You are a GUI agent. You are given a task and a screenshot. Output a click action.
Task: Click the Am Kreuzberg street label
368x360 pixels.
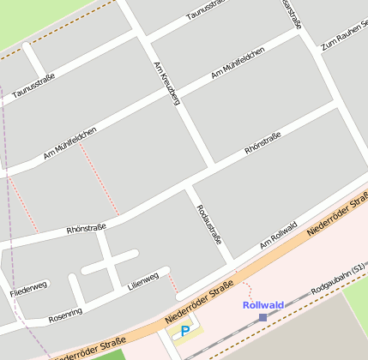(x=166, y=83)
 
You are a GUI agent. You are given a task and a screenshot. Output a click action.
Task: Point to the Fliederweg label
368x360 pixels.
(x=28, y=287)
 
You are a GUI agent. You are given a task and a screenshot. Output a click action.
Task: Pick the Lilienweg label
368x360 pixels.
(x=143, y=279)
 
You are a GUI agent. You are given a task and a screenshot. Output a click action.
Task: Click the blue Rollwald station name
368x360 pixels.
(x=262, y=305)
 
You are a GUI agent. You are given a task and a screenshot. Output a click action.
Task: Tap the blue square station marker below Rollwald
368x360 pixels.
(x=262, y=317)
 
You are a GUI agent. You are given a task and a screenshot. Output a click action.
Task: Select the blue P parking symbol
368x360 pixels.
(x=184, y=330)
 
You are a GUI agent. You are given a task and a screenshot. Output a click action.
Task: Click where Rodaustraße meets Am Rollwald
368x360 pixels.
(x=230, y=260)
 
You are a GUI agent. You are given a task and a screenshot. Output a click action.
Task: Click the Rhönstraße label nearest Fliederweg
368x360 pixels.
(x=86, y=229)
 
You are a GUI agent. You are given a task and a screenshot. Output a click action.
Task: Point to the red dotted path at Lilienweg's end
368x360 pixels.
(x=171, y=284)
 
